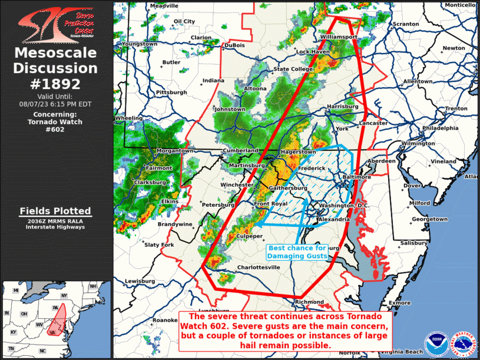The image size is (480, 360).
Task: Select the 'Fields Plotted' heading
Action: pos(55,211)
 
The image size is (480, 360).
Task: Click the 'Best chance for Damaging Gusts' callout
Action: pos(297,252)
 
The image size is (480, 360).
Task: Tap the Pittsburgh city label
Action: pos(171,93)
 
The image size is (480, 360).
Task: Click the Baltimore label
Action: pos(357,177)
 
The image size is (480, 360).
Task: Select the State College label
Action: pos(293,70)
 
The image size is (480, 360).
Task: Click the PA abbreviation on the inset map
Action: pos(55,308)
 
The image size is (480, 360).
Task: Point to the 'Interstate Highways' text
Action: pos(55,227)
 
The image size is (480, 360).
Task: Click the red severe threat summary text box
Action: pos(284,331)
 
